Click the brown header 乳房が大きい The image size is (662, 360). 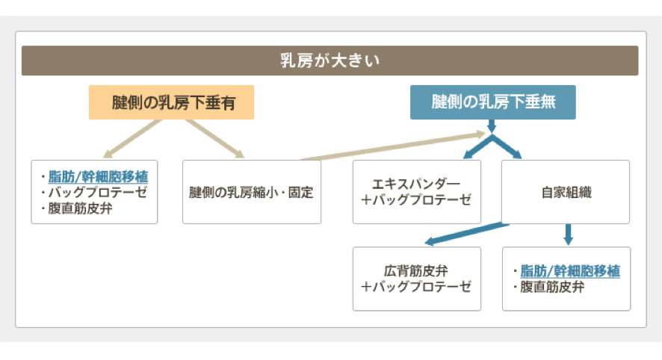pos(330,60)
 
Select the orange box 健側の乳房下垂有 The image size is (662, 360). pos(171,102)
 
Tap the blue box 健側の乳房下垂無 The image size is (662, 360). pos(492,102)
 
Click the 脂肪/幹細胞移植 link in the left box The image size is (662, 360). pos(98,176)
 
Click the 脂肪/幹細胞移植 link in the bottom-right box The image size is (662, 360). pos(570,271)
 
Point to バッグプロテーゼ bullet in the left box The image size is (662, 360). pos(98,193)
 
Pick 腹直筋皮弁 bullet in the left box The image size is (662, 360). pos(80,208)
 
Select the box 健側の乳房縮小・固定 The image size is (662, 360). pos(252,192)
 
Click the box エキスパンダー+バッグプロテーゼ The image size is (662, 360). pos(417,192)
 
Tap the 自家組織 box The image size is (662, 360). pos(566,192)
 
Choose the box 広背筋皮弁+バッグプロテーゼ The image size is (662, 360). pos(417,279)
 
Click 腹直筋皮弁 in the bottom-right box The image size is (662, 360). pos(552,287)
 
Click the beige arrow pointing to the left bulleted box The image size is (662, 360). pos(132,139)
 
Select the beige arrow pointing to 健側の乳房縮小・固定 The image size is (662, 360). pos(215,139)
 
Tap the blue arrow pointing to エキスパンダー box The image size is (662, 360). pos(478,147)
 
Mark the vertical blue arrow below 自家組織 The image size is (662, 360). pos(569,235)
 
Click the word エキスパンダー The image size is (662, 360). pos(416,184)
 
